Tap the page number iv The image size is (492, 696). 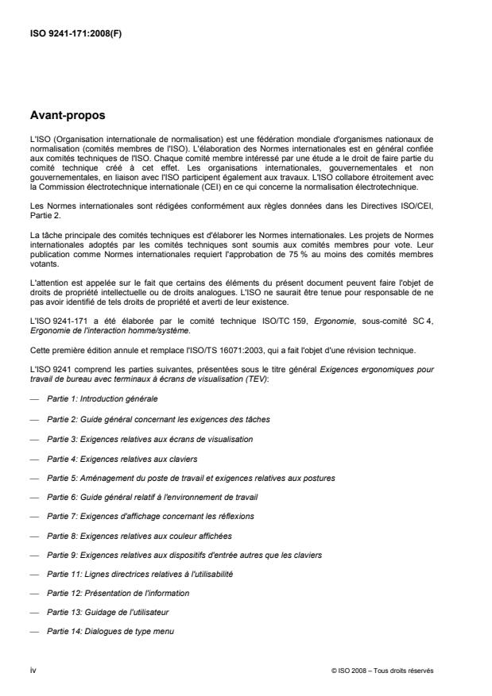click(33, 670)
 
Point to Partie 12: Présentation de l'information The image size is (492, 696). click(118, 593)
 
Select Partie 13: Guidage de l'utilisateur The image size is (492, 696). click(107, 612)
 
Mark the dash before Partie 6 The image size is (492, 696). click(33, 498)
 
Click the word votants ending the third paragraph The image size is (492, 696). click(41, 290)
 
